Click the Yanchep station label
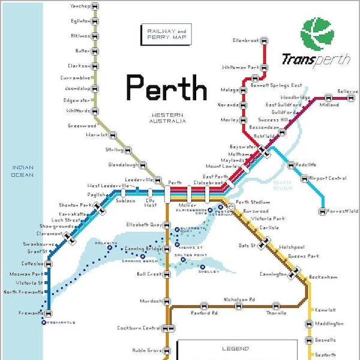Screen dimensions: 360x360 pos(79,6)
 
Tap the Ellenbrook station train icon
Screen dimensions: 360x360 pos(265,41)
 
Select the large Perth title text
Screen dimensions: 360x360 pos(166,88)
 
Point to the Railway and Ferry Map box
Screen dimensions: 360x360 pos(163,35)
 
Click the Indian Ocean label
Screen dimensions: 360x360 pos(22,171)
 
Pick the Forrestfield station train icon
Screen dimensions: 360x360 pos(322,211)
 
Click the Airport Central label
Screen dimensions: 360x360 pos(328,178)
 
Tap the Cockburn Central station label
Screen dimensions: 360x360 pos(139,328)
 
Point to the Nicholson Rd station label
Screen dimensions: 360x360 pos(239,299)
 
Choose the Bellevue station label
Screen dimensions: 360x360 pos(347,91)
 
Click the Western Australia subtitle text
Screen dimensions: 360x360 pos(167,118)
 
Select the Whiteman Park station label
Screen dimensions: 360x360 pos(236,67)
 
